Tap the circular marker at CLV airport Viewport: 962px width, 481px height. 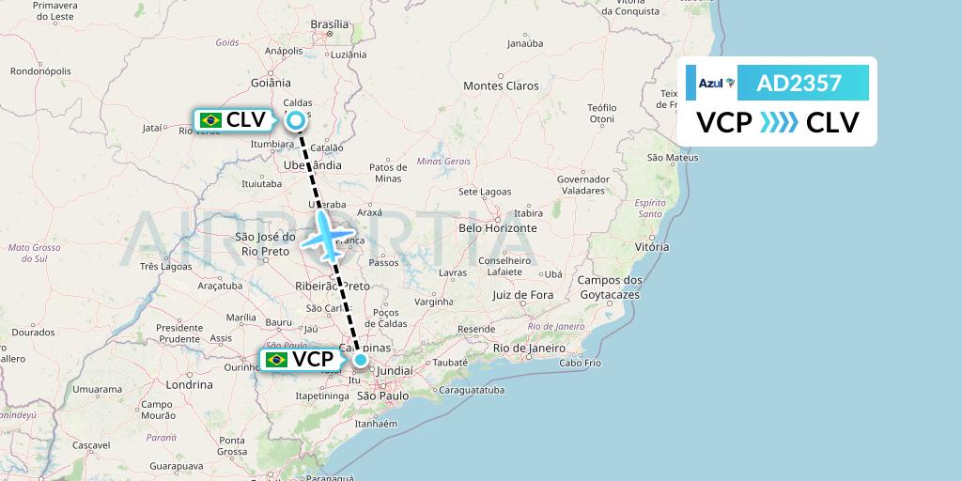[296, 119]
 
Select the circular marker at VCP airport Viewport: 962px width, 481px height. [361, 359]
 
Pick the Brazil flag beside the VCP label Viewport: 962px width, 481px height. [276, 359]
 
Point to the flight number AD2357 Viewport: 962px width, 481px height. [799, 84]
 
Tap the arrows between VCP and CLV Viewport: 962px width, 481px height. [779, 122]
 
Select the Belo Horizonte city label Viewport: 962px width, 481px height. [497, 227]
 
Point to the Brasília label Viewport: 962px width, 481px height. [329, 24]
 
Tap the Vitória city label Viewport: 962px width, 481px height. [652, 246]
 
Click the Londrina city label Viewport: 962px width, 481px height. [189, 384]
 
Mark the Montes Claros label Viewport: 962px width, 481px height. [501, 85]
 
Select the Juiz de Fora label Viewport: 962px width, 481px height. [522, 295]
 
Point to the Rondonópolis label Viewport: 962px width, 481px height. [41, 70]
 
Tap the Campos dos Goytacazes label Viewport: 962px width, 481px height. [610, 287]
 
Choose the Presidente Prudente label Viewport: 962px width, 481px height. [179, 334]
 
